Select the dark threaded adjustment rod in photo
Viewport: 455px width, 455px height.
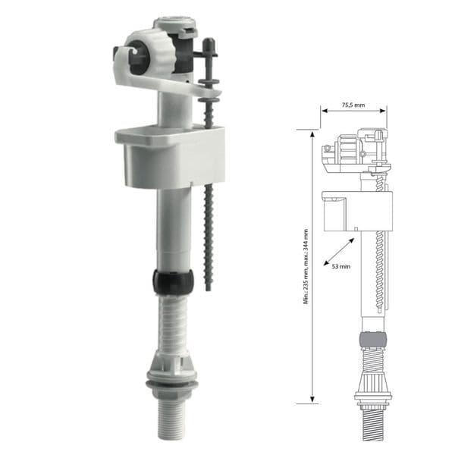point(209,205)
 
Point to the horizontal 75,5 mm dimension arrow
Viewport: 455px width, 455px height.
point(353,114)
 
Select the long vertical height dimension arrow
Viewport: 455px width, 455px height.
point(312,265)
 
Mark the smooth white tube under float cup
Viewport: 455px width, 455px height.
point(172,227)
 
